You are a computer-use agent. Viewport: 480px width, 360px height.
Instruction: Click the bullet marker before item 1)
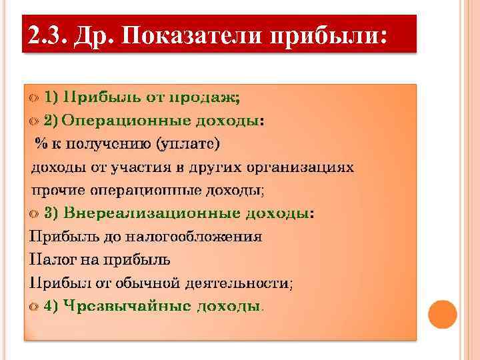34,97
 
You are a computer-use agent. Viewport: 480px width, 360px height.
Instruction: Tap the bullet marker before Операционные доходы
34,121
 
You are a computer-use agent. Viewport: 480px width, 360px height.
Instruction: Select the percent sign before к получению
41,143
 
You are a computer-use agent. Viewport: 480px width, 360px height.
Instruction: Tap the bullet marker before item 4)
34,306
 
